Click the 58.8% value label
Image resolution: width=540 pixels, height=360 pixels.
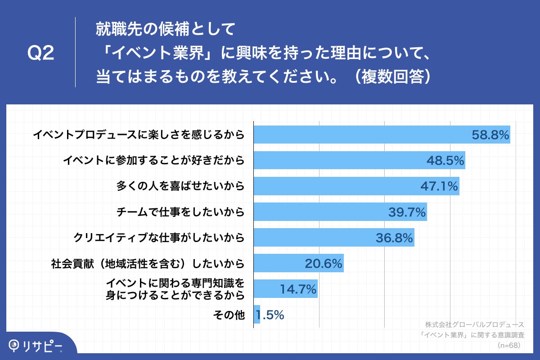pos(490,135)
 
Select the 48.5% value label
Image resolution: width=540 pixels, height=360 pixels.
pos(445,160)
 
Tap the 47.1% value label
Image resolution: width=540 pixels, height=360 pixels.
pos(440,186)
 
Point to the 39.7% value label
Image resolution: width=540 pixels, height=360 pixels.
pos(407,212)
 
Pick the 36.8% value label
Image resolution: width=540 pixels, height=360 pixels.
pos(395,238)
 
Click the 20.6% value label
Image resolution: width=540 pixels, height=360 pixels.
pos(324,263)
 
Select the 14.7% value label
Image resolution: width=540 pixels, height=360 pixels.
pos(298,289)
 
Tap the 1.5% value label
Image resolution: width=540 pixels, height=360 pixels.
pos(270,315)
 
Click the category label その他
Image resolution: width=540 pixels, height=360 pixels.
pos(229,315)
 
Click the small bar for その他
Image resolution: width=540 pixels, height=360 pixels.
pos(257,315)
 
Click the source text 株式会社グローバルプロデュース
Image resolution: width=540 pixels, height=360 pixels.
pos(475,324)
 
